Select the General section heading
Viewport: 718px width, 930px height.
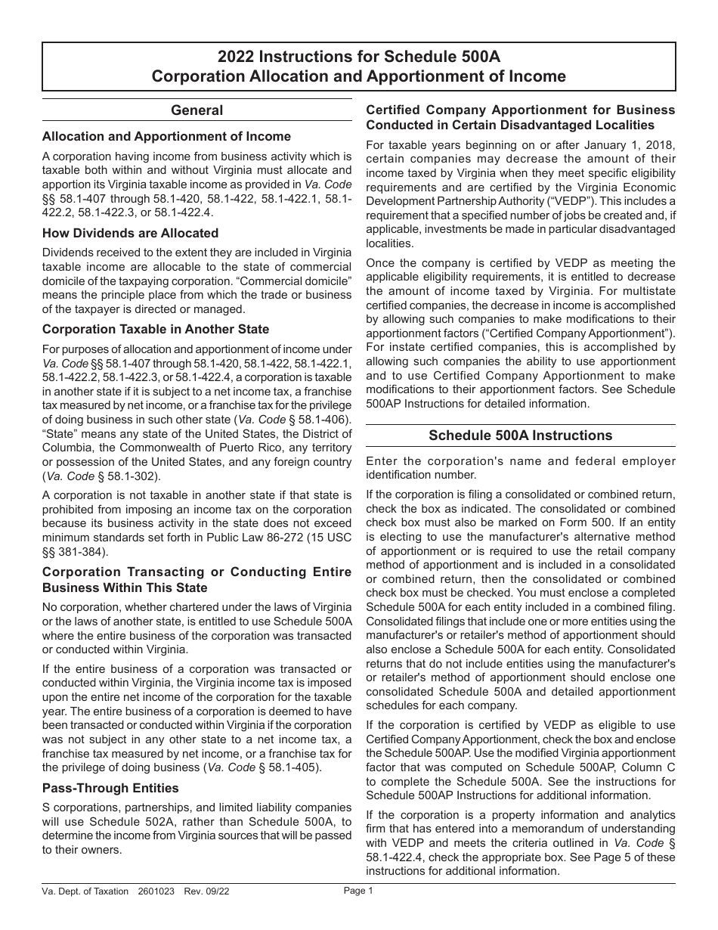coord(197,110)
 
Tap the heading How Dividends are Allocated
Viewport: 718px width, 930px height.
coord(130,233)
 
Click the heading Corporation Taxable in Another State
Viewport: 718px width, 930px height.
coord(156,329)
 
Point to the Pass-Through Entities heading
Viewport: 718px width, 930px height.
coord(110,788)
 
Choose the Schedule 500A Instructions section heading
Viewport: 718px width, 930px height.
coord(520,436)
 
